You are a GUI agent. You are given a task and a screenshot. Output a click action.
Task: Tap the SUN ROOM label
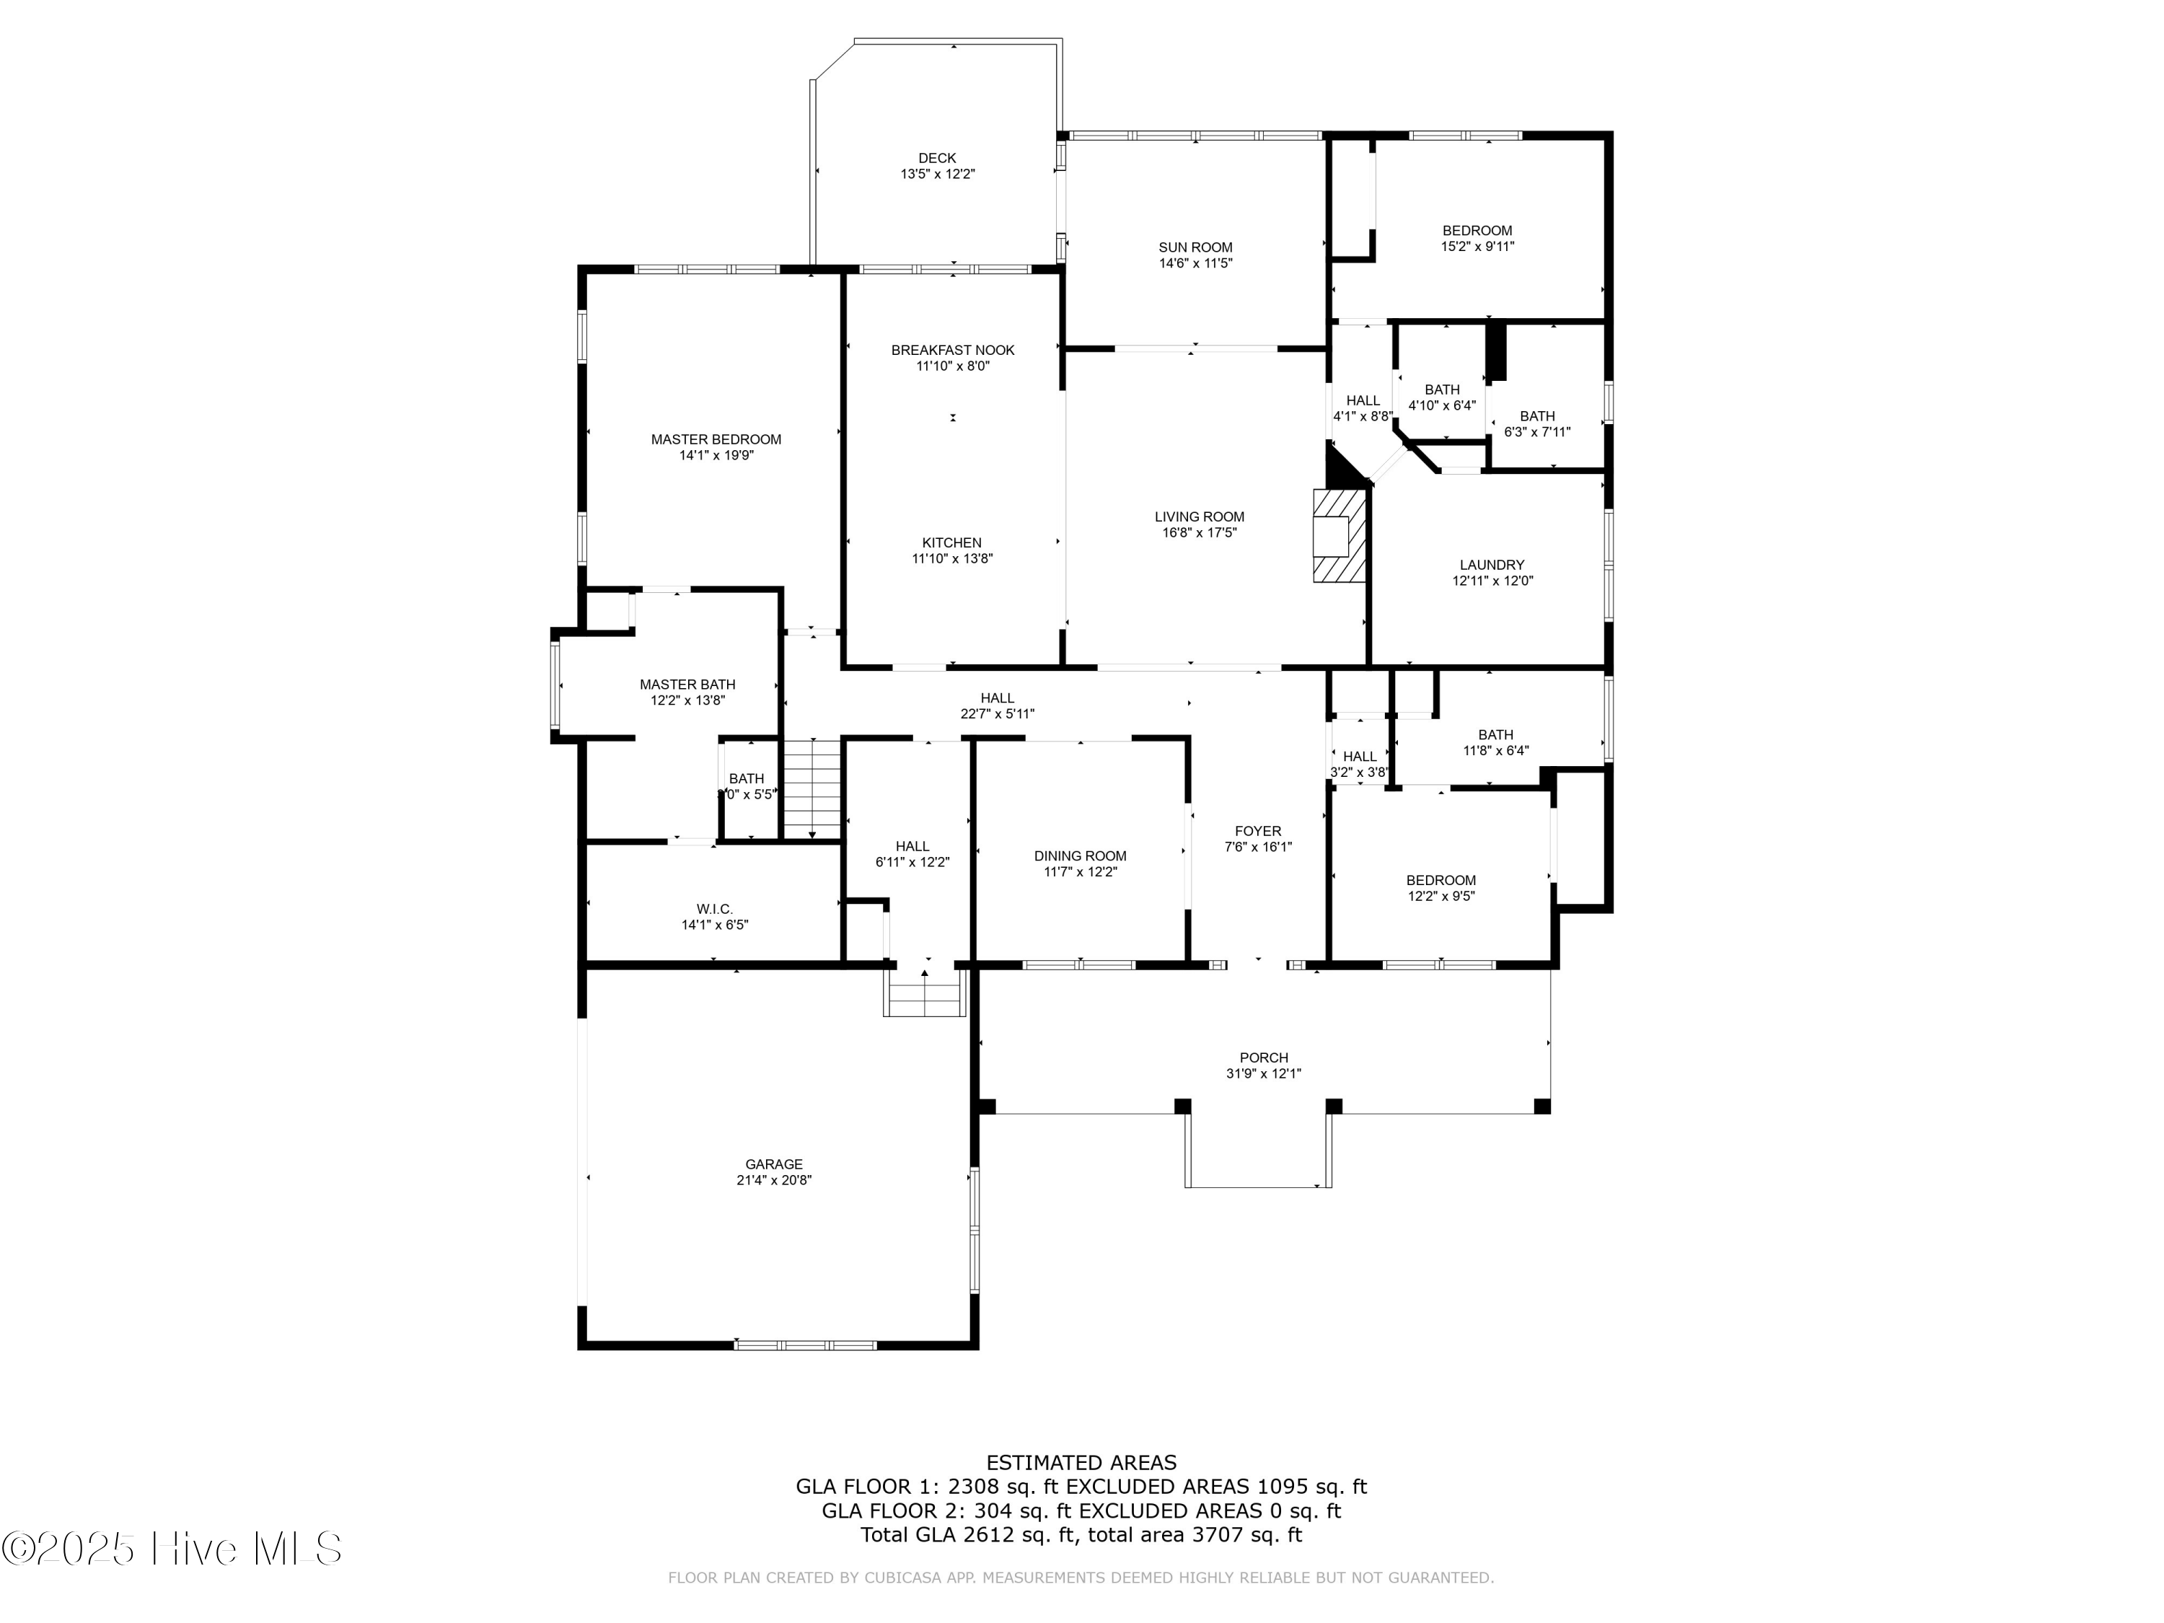pos(1195,248)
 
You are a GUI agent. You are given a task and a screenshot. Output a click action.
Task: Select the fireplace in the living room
pos(1337,536)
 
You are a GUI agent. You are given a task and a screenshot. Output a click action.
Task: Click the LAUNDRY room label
pos(1491,566)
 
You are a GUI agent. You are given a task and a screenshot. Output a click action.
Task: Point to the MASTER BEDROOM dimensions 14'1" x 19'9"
pos(716,456)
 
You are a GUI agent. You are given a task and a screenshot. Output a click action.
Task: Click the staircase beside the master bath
pos(812,788)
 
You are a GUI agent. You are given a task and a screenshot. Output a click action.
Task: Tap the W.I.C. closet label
pos(714,910)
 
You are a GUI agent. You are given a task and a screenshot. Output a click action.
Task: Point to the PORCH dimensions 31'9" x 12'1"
pos(1263,1074)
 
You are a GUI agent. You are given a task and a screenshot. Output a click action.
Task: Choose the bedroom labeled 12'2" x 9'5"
pos(1440,888)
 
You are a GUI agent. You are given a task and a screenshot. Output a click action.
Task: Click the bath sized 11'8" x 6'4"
pos(1495,742)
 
